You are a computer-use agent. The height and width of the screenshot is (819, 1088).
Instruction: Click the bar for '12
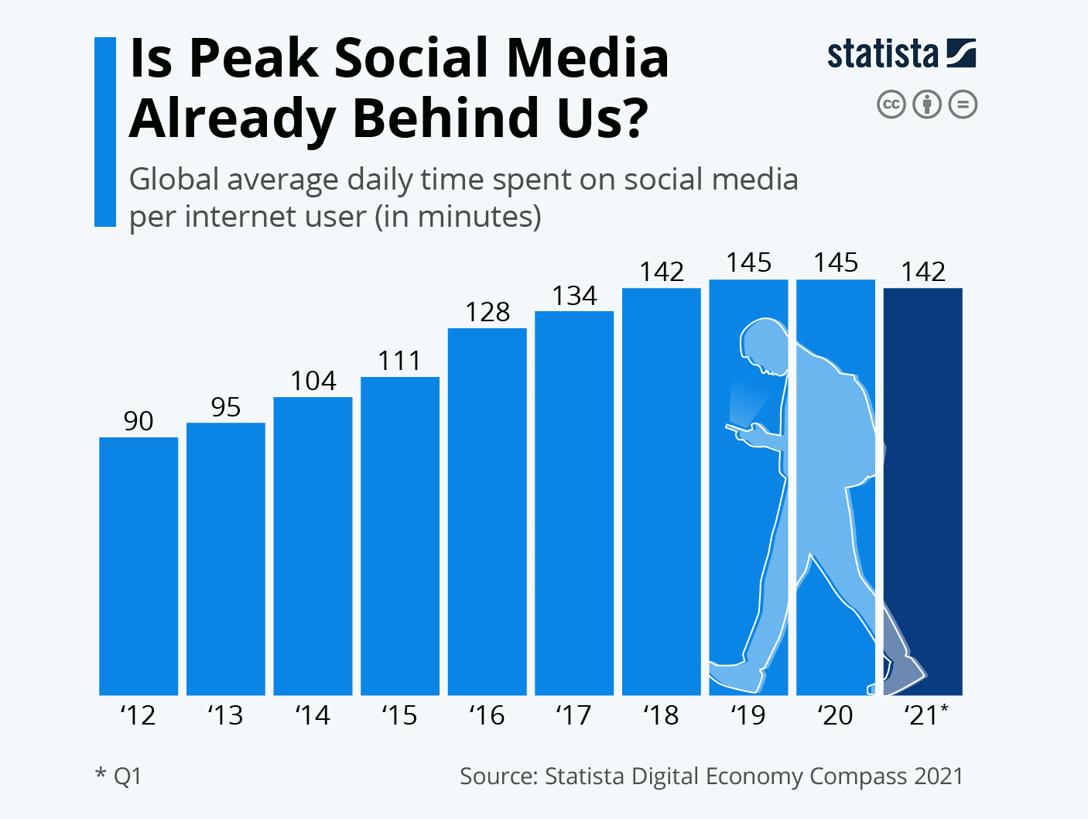pos(139,565)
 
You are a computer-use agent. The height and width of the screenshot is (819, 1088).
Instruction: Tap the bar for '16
pos(488,511)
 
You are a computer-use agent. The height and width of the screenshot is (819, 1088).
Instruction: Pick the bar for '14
pos(313,546)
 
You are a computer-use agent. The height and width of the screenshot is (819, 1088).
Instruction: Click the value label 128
pos(488,312)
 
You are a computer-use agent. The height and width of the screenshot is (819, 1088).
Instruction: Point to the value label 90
pos(139,421)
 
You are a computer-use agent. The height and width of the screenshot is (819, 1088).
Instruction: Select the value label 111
pos(400,361)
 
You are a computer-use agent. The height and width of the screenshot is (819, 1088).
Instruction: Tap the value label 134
pos(574,296)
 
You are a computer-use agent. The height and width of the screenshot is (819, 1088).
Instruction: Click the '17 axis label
pos(573,715)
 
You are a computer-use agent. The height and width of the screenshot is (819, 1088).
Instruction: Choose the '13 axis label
pos(225,715)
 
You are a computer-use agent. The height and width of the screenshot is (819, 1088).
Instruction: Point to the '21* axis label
pos(925,715)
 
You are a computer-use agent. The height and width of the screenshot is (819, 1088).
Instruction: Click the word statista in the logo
pos(883,55)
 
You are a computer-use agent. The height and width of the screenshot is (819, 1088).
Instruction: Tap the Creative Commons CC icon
pos(891,105)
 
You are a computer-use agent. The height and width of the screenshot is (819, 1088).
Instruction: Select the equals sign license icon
pos(963,105)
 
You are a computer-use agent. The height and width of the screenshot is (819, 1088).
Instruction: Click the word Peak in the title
pos(253,58)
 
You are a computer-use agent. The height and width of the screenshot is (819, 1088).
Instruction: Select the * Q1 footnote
pos(118,776)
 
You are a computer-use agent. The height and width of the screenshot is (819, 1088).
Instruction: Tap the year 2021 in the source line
pos(938,776)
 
